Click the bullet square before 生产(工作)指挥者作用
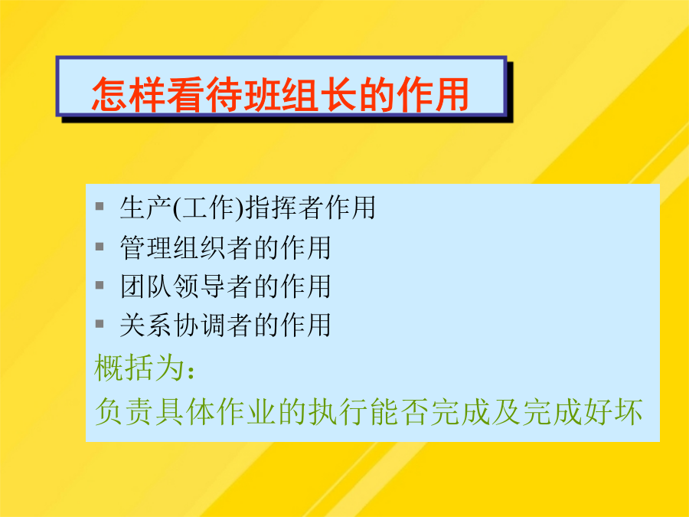pyautogui.click(x=100, y=206)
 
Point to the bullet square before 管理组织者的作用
pyautogui.click(x=100, y=247)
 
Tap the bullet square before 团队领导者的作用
pyautogui.click(x=100, y=286)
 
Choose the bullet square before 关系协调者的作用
pyautogui.click(x=100, y=324)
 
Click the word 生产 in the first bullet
pyautogui.click(x=146, y=208)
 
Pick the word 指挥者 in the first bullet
pyautogui.click(x=285, y=208)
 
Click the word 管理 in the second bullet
pyautogui.click(x=146, y=247)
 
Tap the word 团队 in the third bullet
pyautogui.click(x=146, y=286)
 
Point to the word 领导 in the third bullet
pyautogui.click(x=200, y=286)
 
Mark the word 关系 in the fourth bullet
pyautogui.click(x=146, y=325)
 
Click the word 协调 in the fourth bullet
pyautogui.click(x=200, y=325)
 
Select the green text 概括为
pyautogui.click(x=139, y=368)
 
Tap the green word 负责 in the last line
pyautogui.click(x=124, y=411)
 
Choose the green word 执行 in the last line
pyautogui.click(x=338, y=411)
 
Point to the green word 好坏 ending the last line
pyautogui.click(x=613, y=411)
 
